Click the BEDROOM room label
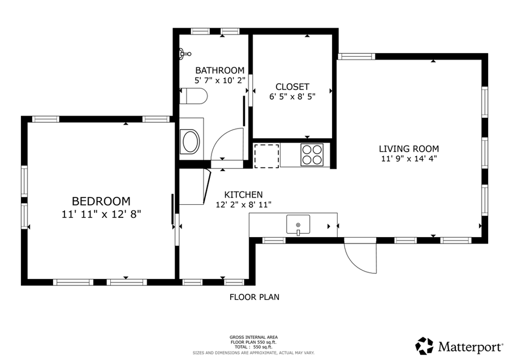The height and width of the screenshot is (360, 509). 101,201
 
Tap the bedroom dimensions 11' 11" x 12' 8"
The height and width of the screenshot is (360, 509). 101,214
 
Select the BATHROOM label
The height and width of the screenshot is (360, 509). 220,70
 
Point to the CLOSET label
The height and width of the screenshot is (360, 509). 292,87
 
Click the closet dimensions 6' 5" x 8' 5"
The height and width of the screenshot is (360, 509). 292,96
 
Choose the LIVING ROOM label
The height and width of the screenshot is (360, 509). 408,149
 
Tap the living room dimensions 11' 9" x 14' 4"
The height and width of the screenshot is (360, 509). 408,158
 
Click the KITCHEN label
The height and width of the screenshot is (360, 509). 243,194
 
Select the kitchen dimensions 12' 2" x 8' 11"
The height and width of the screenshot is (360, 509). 243,204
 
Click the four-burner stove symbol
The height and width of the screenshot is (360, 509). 312,154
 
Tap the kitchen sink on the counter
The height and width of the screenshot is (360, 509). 298,225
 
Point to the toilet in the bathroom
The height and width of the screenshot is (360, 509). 194,96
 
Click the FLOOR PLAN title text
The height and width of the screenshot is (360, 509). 254,297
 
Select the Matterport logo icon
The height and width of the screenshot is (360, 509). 424,345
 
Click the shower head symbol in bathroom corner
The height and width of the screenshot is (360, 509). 182,54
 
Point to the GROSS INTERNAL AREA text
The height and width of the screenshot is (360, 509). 253,337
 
